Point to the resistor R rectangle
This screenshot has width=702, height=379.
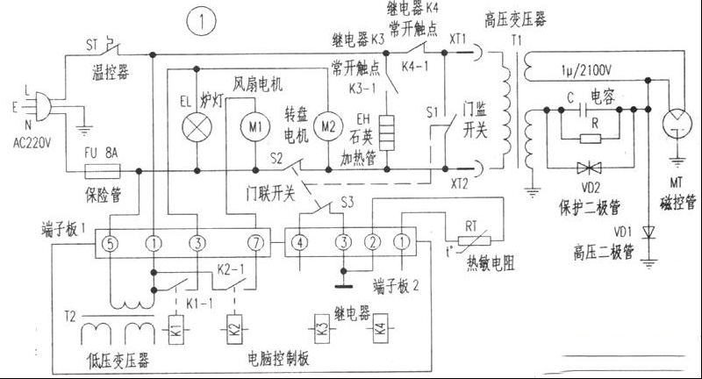click(x=591, y=138)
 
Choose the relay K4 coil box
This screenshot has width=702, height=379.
click(x=379, y=333)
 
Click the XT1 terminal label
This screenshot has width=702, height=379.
click(x=457, y=40)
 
